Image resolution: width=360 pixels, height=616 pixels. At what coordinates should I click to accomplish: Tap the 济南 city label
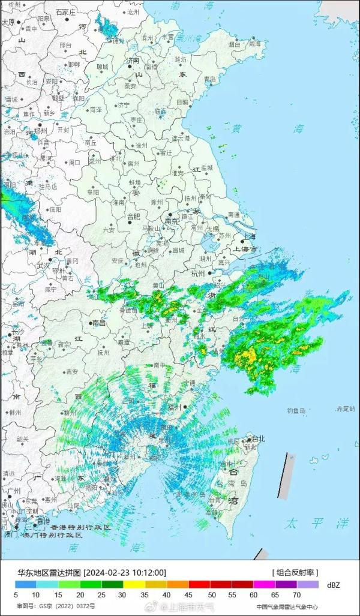tap(132, 61)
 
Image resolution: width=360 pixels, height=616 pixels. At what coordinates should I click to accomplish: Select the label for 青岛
tap(210, 79)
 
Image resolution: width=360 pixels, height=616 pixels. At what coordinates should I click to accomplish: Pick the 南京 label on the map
tap(172, 221)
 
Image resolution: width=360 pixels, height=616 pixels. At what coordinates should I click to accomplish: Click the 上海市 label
tap(245, 249)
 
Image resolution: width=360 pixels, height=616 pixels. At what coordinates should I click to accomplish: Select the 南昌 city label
tap(98, 323)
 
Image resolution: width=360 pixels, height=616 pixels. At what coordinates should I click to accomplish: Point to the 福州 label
tap(175, 407)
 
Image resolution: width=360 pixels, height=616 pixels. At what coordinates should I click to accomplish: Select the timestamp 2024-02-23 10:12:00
tap(125, 573)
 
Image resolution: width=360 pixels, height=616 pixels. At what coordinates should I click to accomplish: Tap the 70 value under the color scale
tap(296, 595)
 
